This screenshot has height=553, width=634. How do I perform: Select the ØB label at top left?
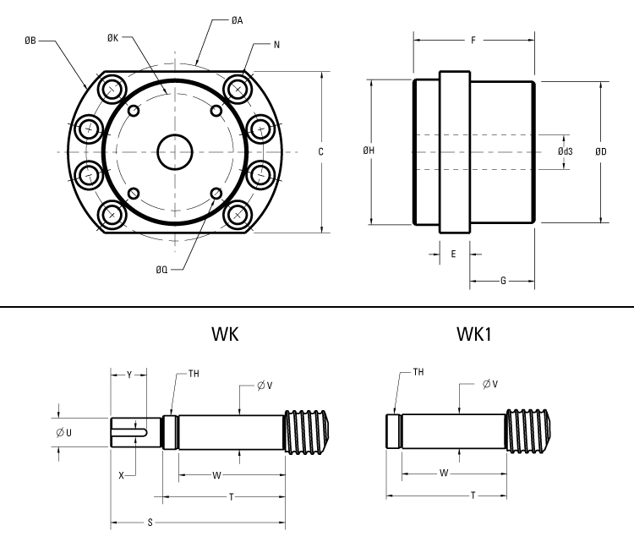(31, 38)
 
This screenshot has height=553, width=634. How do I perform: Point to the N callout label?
(276, 44)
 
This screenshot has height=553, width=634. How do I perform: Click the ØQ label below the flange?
(161, 270)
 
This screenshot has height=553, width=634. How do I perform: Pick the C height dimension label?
(320, 152)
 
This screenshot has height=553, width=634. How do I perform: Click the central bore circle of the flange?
(175, 152)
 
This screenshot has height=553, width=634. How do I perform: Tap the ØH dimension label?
(369, 151)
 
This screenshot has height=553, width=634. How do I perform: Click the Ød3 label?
(566, 151)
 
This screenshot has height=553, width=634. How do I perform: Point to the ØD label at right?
(600, 151)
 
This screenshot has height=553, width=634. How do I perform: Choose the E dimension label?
(453, 253)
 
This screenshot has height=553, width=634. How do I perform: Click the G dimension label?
(502, 281)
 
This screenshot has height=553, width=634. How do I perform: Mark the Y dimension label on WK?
(128, 373)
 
